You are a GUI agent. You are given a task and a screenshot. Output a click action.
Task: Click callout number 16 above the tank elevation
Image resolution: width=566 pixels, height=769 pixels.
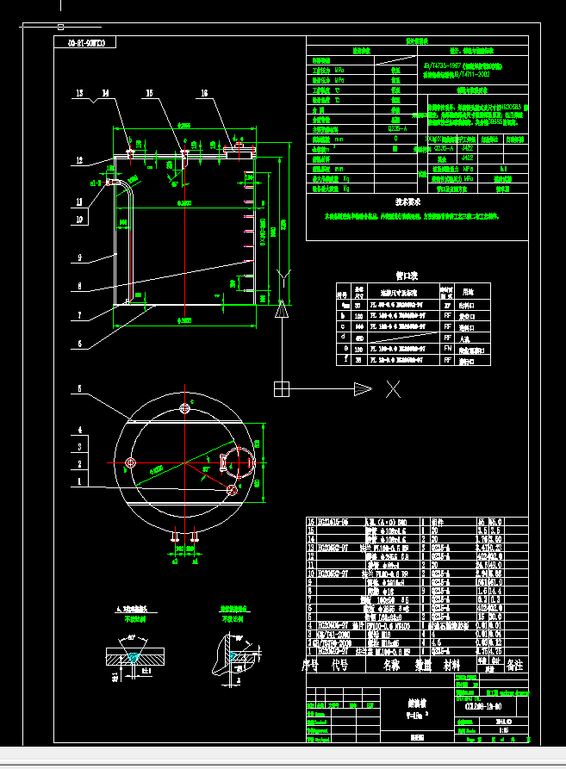point(204,93)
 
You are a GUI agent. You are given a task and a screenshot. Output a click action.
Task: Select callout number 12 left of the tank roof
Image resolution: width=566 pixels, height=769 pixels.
point(78,161)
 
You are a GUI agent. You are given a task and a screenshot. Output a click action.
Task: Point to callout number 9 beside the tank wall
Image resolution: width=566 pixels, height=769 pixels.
point(78,257)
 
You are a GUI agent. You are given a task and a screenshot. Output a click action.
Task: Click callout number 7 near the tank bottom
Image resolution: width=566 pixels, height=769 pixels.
point(78,315)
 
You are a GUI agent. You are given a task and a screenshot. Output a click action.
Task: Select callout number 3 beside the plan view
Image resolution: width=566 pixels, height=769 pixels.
point(79,446)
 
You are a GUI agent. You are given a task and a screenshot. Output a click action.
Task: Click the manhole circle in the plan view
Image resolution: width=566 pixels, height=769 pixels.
point(239,461)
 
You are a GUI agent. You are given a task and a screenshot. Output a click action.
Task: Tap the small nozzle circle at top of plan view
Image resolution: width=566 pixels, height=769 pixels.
point(184,407)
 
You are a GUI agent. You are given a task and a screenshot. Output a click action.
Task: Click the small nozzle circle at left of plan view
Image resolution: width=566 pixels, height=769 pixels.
point(131,463)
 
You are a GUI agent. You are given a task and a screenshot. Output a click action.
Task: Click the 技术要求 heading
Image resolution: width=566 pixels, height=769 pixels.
point(407,202)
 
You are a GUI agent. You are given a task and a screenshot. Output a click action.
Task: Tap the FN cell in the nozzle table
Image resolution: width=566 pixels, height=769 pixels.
point(446,349)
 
